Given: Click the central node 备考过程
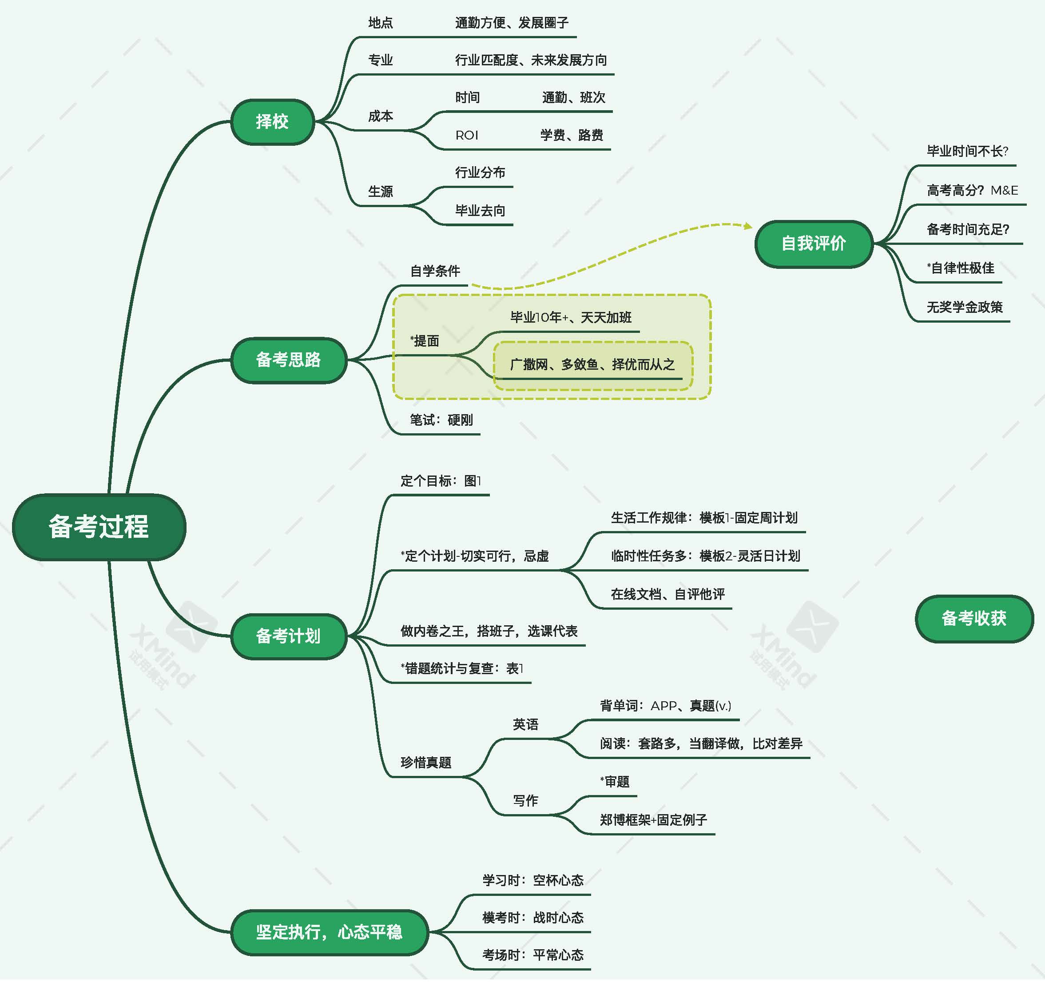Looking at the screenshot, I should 99,527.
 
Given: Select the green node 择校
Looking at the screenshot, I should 272,121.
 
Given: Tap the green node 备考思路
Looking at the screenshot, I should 288,360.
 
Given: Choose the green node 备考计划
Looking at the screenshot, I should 288,636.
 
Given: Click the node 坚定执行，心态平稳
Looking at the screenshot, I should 329,932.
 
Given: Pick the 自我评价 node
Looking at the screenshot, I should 813,244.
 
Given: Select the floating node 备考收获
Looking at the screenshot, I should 973,618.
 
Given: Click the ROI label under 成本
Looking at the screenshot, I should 467,136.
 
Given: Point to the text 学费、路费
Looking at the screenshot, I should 572,136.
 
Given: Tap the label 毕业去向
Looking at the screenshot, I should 480,211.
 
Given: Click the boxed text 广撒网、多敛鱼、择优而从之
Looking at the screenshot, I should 592,364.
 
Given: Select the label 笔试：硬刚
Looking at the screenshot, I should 441,420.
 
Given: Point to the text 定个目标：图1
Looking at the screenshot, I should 441,481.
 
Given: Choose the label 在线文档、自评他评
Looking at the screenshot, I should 668,594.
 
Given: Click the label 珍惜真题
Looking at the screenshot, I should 426,763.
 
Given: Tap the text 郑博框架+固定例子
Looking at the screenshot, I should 653,820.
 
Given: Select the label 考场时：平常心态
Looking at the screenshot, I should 533,955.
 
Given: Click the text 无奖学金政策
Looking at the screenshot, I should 965,307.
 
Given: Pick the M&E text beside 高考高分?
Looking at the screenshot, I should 1004,190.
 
